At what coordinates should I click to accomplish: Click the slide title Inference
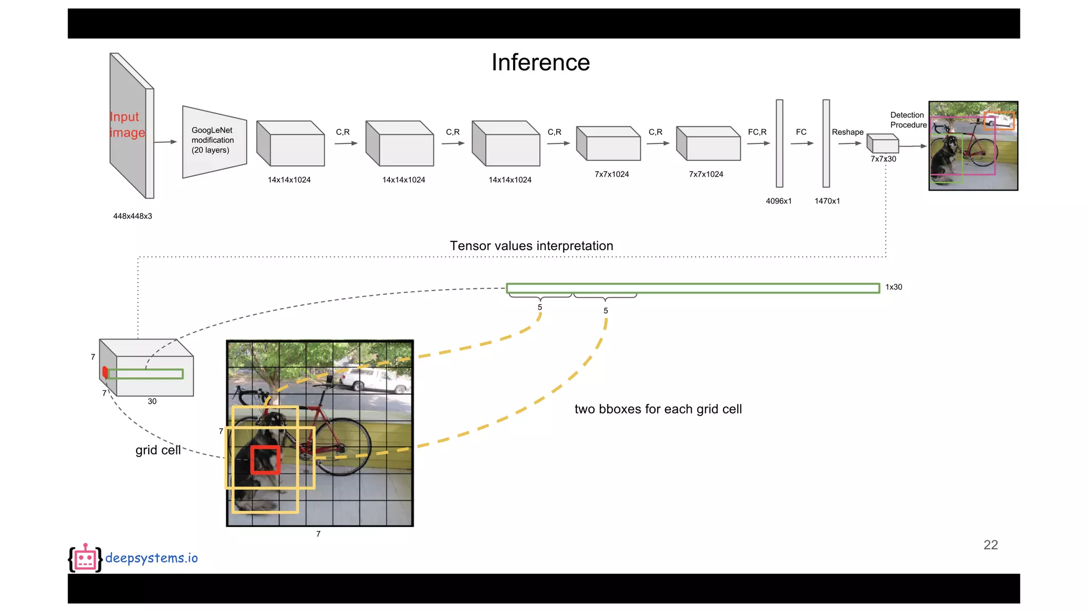pos(540,63)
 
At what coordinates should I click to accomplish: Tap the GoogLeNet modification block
pos(214,141)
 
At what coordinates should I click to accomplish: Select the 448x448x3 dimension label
pos(132,216)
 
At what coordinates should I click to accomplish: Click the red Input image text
pos(127,124)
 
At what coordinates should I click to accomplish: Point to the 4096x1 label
pos(778,201)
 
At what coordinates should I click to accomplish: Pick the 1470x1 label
pos(827,201)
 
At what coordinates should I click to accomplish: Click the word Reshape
pos(847,132)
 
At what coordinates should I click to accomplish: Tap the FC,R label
pos(757,132)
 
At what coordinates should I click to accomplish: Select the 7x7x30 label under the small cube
pos(883,159)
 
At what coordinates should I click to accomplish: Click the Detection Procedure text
pos(908,120)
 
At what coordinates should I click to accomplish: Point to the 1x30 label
pos(894,287)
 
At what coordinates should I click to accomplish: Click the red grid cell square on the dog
pos(265,460)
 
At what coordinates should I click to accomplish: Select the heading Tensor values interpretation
pos(531,246)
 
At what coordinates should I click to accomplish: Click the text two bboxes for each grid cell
pos(658,409)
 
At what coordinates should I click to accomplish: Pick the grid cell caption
pos(158,450)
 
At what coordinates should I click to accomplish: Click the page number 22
pos(990,545)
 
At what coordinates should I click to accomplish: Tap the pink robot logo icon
pos(85,558)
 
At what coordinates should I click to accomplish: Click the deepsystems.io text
pos(151,558)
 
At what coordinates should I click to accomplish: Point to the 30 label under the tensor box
pos(152,402)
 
